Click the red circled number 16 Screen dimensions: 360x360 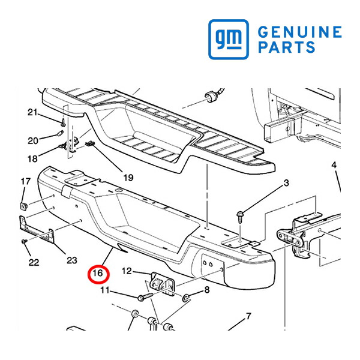(x=97, y=274)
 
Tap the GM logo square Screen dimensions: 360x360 (x=229, y=39)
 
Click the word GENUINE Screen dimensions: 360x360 (x=300, y=32)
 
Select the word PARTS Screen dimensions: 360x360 (x=287, y=47)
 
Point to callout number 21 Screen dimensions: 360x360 (x=32, y=113)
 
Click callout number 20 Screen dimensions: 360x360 (x=33, y=141)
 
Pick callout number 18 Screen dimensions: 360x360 (x=32, y=158)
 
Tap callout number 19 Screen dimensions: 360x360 (x=128, y=178)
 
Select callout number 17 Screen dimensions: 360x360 (x=25, y=181)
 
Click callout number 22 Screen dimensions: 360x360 (x=34, y=262)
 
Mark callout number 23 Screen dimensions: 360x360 (x=72, y=260)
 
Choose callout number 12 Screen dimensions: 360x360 (x=127, y=271)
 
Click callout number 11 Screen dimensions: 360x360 (x=105, y=290)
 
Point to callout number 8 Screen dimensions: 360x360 (x=207, y=290)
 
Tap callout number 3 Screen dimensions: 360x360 (x=286, y=183)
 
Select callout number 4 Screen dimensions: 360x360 (x=334, y=165)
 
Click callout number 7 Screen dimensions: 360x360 (x=248, y=316)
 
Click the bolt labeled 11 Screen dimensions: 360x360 (x=145, y=296)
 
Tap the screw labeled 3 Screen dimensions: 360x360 (x=239, y=217)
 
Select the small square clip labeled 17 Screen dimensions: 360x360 (x=24, y=206)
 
